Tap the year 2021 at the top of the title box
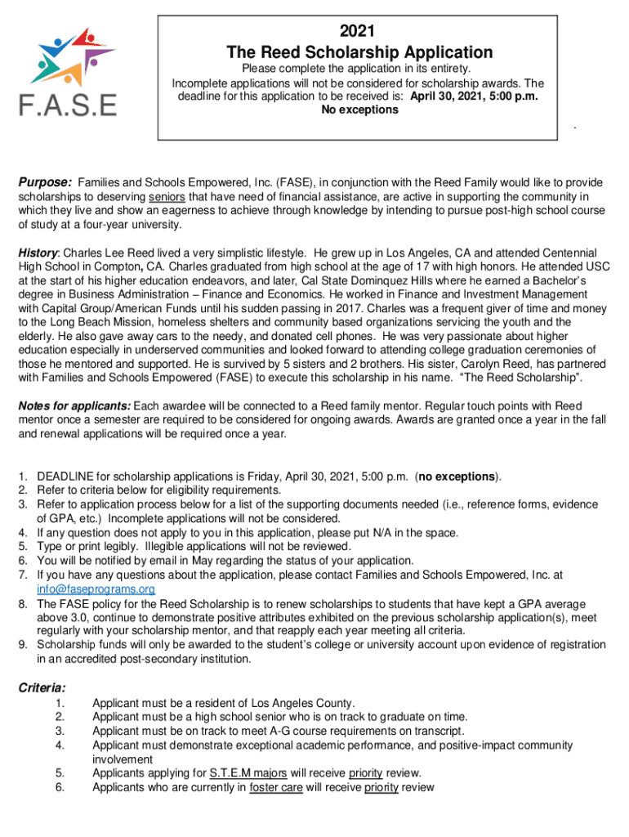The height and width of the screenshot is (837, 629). [x=357, y=32]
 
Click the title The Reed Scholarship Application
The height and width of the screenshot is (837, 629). [x=359, y=52]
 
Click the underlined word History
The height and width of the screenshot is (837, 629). [x=38, y=253]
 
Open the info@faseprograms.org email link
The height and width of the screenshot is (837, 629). [x=96, y=589]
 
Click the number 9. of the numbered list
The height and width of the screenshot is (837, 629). [x=24, y=644]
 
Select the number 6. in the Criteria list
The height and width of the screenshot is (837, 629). [x=59, y=787]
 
